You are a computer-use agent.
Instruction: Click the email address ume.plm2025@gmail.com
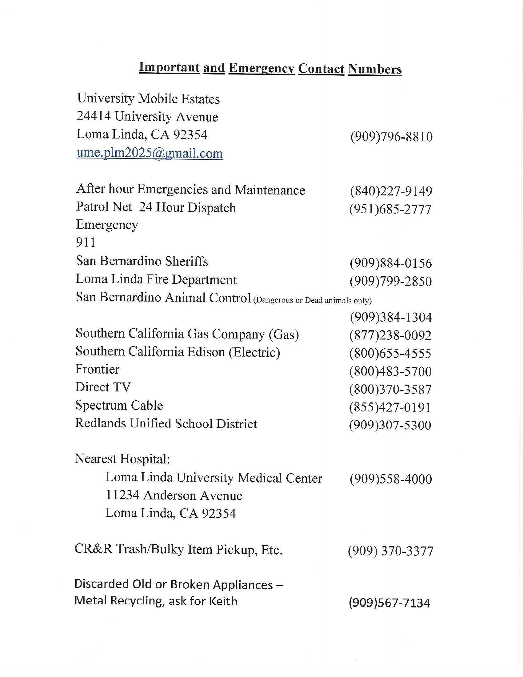click(150, 154)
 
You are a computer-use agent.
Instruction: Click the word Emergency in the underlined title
click(261, 68)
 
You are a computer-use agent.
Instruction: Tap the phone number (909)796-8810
click(391, 137)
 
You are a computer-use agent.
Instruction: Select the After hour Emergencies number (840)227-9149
click(391, 191)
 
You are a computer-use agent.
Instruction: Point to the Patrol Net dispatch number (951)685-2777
click(390, 209)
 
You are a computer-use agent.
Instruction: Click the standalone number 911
click(86, 242)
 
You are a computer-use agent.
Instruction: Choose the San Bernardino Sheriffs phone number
click(391, 263)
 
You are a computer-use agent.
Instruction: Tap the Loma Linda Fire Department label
click(156, 280)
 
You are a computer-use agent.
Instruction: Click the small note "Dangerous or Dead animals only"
click(312, 300)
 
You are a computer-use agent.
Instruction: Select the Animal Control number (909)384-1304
click(391, 317)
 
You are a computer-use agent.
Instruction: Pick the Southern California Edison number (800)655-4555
click(390, 353)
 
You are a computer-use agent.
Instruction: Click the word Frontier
click(97, 369)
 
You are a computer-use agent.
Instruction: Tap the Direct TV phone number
click(390, 389)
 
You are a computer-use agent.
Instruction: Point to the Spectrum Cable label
click(119, 406)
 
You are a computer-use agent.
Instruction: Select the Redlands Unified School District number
click(390, 425)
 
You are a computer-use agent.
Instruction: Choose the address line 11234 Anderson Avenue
click(174, 495)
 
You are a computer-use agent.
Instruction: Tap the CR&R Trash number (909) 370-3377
click(390, 551)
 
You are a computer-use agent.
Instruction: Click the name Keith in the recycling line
click(223, 601)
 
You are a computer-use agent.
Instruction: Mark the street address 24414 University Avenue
click(147, 117)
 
